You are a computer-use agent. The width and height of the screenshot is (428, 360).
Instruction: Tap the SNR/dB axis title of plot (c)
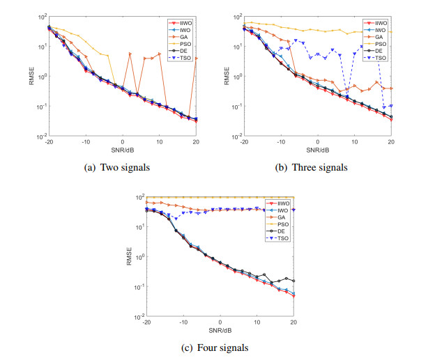tap(220, 331)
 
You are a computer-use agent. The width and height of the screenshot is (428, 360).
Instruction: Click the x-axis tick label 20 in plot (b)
tap(390, 142)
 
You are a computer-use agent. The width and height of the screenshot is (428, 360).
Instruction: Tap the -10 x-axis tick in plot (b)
tap(281, 142)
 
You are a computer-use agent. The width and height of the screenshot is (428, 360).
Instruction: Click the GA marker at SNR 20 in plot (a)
tap(197, 58)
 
